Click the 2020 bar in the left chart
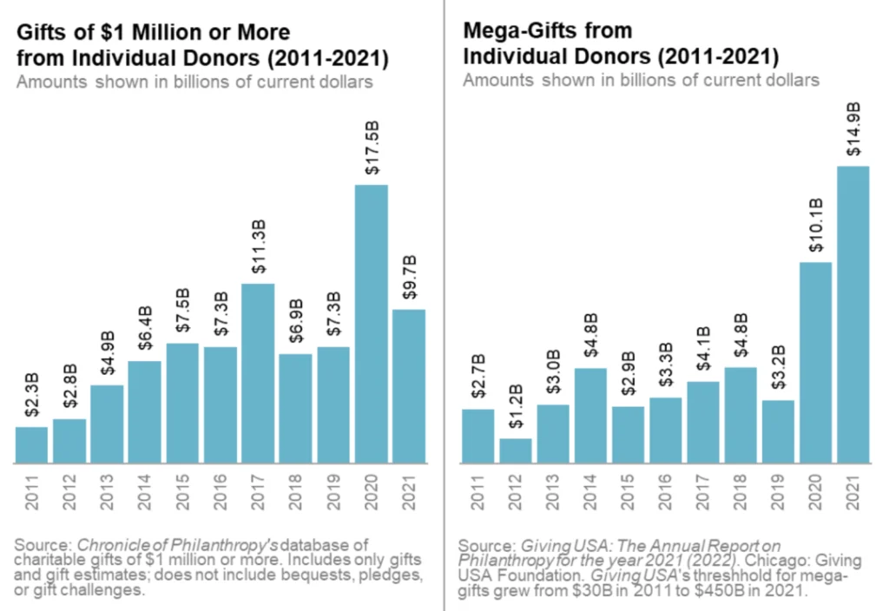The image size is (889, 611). pos(371,324)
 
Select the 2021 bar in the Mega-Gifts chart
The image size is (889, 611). pos(853,314)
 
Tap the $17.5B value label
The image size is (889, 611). pos(371,154)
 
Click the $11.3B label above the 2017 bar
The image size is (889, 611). pos(258,253)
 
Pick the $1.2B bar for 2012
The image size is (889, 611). pos(515,450)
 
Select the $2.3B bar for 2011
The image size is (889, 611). pos(31,444)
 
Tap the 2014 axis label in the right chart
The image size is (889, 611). pos(590,492)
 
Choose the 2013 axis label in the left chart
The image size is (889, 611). pos(107,492)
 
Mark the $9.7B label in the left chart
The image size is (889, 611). pos(408,279)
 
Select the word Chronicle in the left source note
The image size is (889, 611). pos(110,545)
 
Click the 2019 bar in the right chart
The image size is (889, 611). pos(778,431)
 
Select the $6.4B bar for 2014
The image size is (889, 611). pos(144,411)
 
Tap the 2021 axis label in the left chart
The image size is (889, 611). pos(408,492)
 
